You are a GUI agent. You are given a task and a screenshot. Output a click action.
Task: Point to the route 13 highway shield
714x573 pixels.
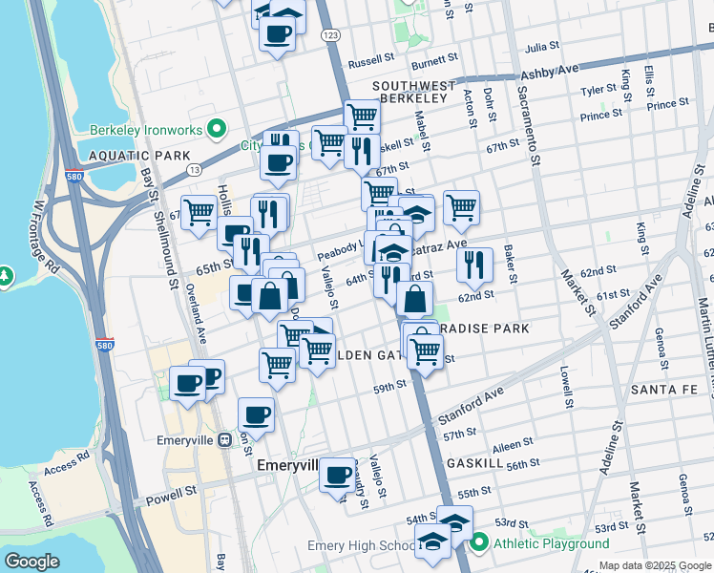point(193,170)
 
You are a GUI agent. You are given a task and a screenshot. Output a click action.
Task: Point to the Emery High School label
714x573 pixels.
point(361,546)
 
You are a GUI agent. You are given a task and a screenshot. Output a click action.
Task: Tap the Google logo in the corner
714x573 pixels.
point(31,562)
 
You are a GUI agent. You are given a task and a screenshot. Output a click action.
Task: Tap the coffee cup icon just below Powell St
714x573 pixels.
point(336,475)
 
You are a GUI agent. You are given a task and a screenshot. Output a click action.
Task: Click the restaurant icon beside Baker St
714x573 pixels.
point(474,265)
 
